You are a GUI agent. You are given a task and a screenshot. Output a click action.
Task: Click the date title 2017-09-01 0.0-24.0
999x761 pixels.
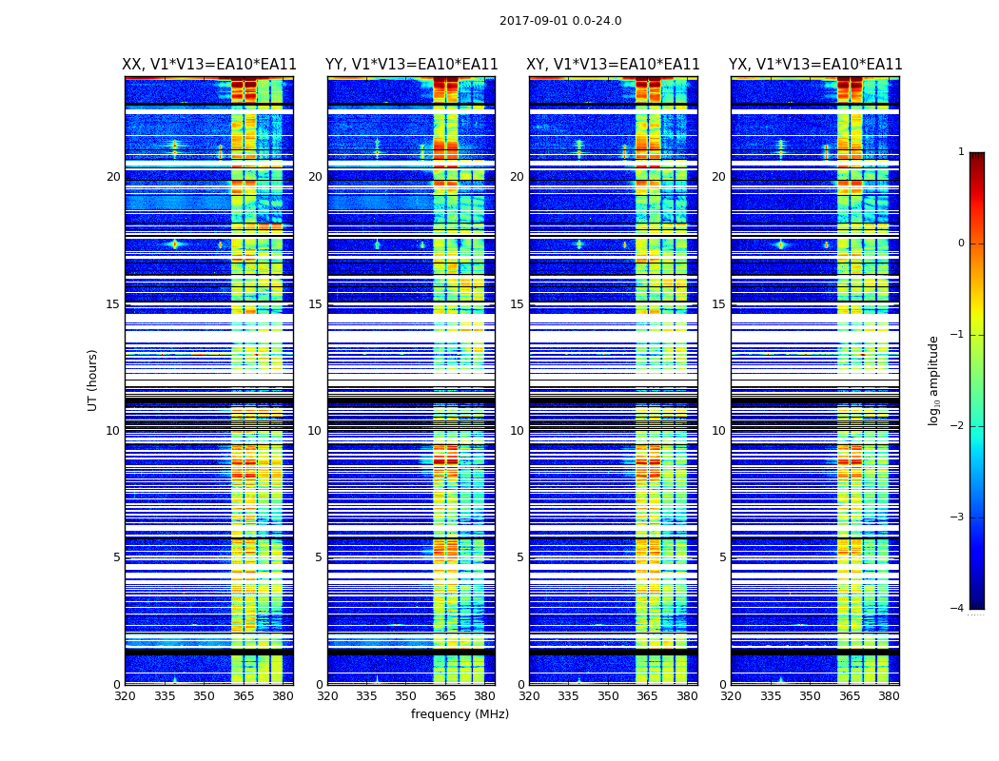[x=560, y=21]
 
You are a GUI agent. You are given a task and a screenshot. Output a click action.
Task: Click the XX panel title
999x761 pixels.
[x=209, y=65]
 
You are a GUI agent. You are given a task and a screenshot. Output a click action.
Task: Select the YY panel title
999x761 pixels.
[x=411, y=65]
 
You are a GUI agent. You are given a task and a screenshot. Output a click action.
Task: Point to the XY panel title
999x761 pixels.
[x=614, y=65]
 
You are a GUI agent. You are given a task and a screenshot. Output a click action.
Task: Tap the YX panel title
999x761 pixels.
[x=815, y=65]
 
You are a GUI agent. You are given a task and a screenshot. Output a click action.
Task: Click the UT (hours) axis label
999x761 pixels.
[x=93, y=380]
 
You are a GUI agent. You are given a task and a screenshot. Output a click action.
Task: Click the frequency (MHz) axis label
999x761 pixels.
[x=460, y=714]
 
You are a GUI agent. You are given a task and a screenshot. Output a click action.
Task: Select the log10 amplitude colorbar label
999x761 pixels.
[x=934, y=380]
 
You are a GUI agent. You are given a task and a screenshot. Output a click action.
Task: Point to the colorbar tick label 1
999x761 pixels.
[x=961, y=152]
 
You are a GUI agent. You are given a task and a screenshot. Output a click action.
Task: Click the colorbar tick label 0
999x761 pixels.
[x=961, y=244]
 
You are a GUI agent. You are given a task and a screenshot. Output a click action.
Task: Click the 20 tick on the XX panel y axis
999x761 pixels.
[x=113, y=177]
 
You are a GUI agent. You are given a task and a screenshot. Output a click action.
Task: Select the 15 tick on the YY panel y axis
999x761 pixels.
[x=315, y=304]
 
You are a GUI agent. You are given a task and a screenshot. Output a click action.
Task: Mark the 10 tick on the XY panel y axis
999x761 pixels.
[x=517, y=431]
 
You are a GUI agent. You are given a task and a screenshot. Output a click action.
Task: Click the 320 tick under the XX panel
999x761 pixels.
[x=125, y=696]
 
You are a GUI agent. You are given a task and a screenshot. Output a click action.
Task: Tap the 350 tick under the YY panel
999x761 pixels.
[x=406, y=696]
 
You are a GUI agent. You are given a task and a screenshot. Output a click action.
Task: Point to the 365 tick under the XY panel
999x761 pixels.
[x=647, y=696]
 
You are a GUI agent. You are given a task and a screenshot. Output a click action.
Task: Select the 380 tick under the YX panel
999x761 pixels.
[x=889, y=696]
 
